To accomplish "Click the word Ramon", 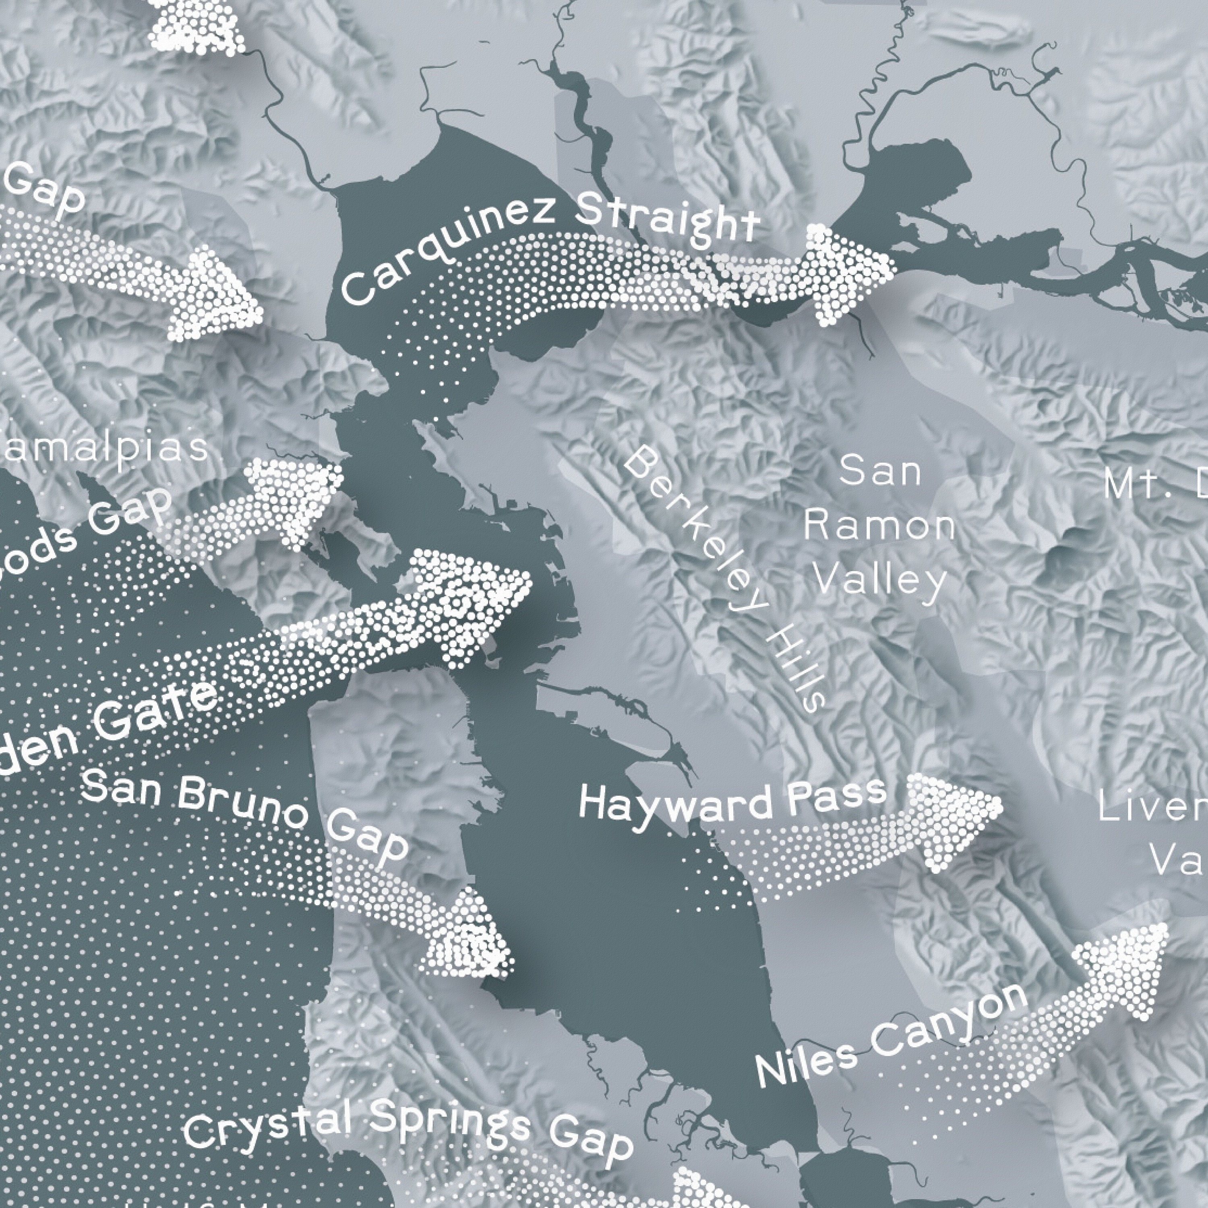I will pyautogui.click(x=879, y=526).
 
